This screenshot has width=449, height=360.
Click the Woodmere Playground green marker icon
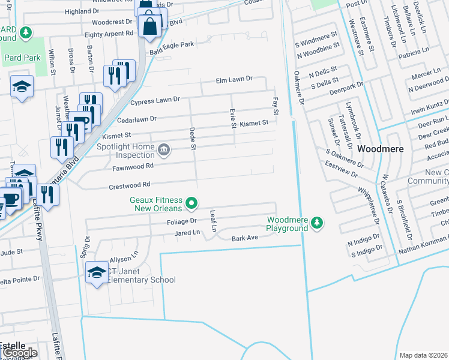318,224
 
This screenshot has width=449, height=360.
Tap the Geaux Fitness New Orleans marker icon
191,204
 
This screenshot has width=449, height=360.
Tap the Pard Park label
21,58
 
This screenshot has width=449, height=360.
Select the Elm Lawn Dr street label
235,79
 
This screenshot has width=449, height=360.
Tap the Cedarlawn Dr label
134,119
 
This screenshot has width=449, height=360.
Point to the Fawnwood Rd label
133,166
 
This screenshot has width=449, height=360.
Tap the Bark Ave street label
244,238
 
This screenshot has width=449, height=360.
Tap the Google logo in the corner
19,353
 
